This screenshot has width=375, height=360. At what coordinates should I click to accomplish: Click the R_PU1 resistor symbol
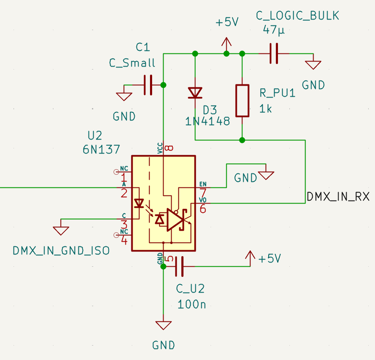242,100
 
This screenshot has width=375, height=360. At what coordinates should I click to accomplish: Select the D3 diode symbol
195,92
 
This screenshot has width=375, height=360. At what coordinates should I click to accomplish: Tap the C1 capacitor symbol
148,85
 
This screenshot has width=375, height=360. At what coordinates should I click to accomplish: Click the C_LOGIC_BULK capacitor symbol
274,54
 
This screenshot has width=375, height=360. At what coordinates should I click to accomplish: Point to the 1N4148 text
208,122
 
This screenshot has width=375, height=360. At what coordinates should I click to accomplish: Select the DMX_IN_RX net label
338,197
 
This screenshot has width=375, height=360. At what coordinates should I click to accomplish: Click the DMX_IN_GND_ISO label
61,251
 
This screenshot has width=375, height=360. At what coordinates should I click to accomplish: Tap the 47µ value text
274,30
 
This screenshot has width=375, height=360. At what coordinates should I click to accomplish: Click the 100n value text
192,304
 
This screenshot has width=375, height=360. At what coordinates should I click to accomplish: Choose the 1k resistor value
266,109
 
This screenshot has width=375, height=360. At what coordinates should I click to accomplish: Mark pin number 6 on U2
203,209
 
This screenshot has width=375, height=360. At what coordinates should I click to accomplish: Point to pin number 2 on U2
124,193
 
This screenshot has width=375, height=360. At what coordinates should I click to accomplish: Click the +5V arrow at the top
227,42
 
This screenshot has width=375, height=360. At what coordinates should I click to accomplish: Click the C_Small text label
132,63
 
